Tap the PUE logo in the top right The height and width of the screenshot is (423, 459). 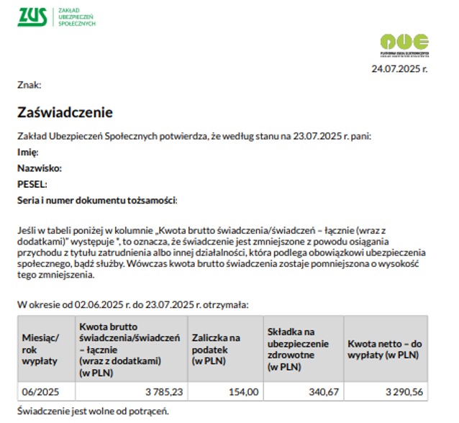(405, 42)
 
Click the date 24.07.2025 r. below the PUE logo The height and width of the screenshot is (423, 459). (399, 69)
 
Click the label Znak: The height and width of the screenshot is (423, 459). (29, 86)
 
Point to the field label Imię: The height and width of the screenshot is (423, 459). (28, 153)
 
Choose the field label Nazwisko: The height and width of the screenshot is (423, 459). (40, 168)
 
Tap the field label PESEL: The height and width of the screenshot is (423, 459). (32, 184)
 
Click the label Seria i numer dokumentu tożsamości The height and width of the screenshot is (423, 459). (96, 200)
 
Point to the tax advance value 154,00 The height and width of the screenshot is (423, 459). (243, 392)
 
